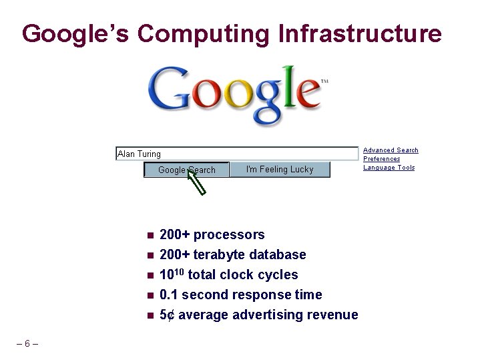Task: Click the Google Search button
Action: [186, 170]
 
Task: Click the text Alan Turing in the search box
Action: [139, 154]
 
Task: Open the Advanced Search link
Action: [391, 150]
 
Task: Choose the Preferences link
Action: [381, 159]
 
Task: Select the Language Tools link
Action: [389, 168]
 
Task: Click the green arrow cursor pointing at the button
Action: [197, 182]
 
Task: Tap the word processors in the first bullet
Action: [229, 234]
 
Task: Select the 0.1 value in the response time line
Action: [169, 295]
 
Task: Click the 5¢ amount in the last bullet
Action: [168, 315]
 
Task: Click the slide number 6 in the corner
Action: [27, 344]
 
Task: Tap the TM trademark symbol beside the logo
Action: [324, 81]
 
